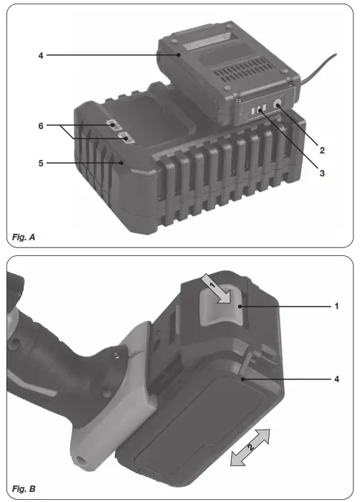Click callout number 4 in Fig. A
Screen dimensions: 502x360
(x=40, y=55)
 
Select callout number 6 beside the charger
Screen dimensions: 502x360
(x=40, y=126)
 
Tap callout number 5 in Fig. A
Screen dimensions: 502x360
(x=40, y=164)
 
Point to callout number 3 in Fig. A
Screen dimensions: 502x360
(x=323, y=173)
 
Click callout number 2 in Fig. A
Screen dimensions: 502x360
(x=323, y=151)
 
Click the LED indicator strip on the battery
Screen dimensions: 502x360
(x=257, y=110)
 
